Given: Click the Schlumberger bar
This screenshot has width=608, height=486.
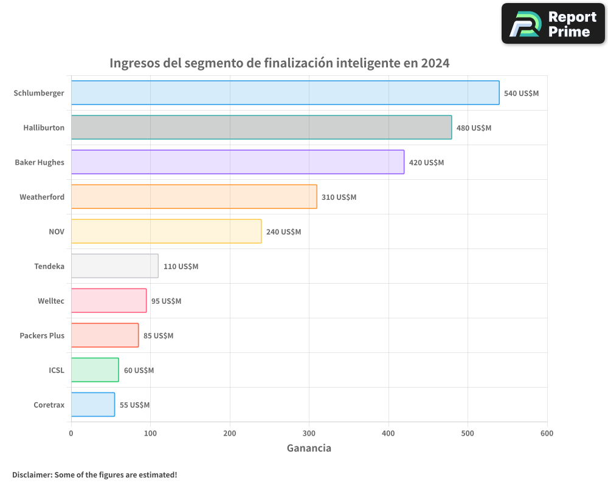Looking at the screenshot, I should tap(285, 93).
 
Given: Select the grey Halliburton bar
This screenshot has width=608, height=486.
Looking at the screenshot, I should tap(261, 128).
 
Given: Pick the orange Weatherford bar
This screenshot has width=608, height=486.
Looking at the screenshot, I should tap(194, 197).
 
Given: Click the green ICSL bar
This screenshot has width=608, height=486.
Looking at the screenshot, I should tap(95, 370).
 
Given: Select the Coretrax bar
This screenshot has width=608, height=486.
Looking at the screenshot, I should tap(93, 405).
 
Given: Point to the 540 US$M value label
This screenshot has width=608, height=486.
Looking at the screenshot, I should tap(521, 94).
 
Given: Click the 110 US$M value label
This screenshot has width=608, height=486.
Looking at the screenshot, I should tap(181, 267).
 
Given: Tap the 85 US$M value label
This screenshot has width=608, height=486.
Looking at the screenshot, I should tap(158, 336).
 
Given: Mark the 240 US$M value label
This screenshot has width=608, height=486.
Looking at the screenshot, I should tap(283, 232).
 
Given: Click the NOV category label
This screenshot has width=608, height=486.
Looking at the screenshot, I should tap(57, 231).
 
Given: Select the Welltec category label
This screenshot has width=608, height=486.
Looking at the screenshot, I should tap(51, 301).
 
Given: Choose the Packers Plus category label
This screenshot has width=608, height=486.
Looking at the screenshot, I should tap(42, 335).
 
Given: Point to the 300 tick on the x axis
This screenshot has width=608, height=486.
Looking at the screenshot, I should tap(309, 433).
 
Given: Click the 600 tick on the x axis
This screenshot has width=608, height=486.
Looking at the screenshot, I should tap(547, 433).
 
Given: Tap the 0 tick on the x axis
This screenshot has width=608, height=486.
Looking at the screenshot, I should tap(71, 433).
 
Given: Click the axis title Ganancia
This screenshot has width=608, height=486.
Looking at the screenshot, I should tap(309, 448).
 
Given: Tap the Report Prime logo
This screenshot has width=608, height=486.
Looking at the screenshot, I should tap(553, 24).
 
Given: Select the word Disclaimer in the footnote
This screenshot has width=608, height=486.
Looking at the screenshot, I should tap(32, 474).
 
